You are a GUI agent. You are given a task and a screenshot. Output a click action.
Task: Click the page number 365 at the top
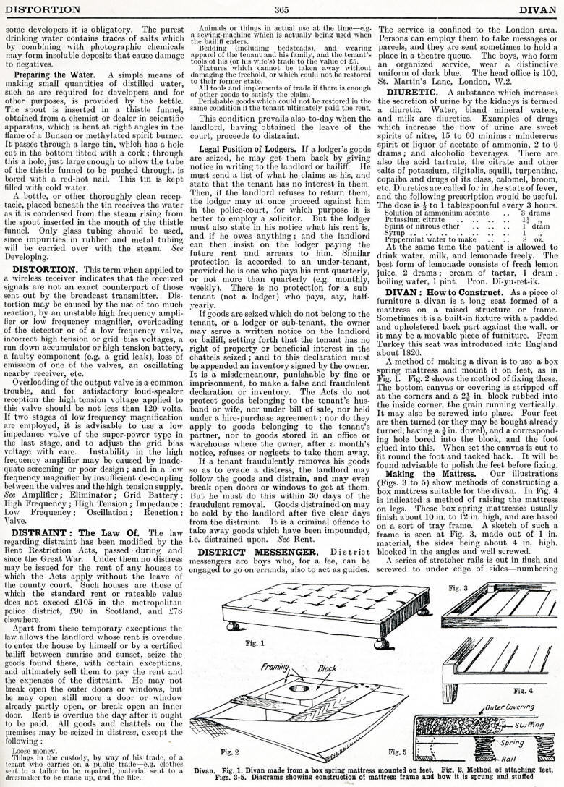pyautogui.click(x=282, y=9)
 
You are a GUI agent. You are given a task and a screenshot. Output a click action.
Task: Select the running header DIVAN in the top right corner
pyautogui.click(x=538, y=9)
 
